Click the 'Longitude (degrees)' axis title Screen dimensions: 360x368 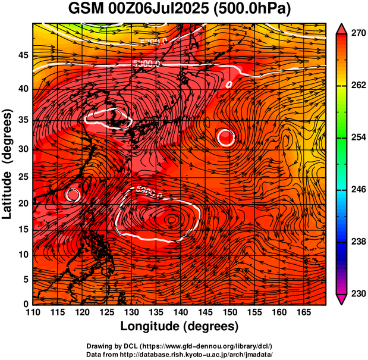[x=180, y=327]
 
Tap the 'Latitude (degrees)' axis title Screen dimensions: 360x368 [x=8, y=163]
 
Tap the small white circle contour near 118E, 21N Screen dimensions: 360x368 [x=73, y=194]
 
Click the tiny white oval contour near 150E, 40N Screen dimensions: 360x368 [x=229, y=84]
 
